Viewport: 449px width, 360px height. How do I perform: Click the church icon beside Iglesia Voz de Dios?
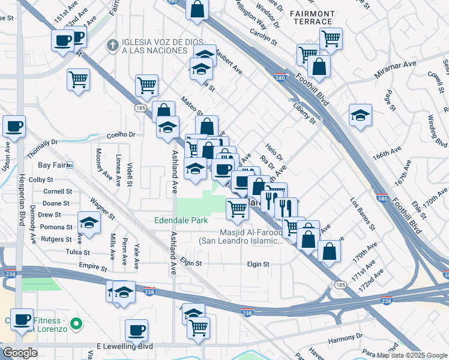pyautogui.click(x=112, y=45)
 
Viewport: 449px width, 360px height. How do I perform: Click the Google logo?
pyautogui.click(x=20, y=353)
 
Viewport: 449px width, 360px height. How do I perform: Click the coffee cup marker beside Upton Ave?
pyautogui.click(x=14, y=127)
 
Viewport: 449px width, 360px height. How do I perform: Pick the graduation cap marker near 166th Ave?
pyautogui.click(x=360, y=115)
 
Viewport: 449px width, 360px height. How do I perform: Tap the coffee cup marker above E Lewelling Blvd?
pyautogui.click(x=136, y=330)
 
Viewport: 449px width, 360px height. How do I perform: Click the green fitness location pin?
pyautogui.click(x=76, y=325)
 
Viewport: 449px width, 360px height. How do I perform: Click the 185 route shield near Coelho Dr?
pyautogui.click(x=140, y=108)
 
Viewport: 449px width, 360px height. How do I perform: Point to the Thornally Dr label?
pyautogui.click(x=42, y=142)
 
